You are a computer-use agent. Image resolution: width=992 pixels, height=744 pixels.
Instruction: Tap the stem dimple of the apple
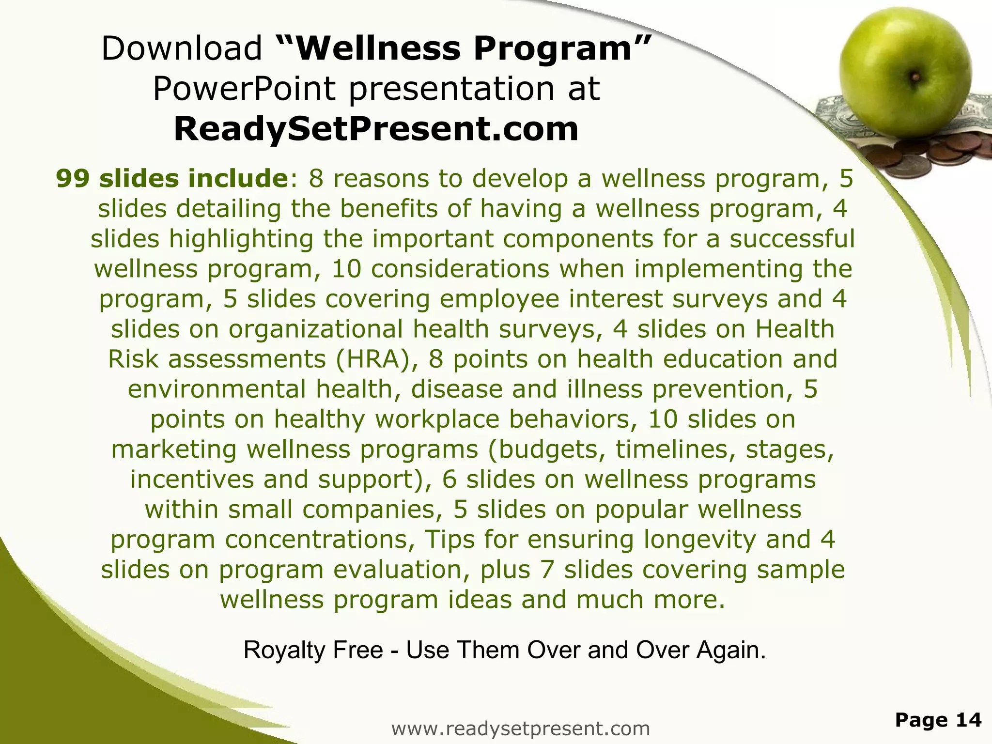click(914, 76)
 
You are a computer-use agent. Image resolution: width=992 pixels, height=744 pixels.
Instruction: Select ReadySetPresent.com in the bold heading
click(376, 129)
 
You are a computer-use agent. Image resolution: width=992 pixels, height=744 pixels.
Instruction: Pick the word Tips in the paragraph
click(449, 540)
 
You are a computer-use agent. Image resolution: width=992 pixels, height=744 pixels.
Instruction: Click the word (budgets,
click(547, 449)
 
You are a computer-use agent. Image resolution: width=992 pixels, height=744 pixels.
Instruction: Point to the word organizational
click(315, 329)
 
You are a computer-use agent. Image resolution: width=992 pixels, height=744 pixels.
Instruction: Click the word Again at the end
click(730, 650)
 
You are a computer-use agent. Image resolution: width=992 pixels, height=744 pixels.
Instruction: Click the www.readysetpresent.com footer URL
click(520, 728)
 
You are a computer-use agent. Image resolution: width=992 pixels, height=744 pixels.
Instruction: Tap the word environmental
click(217, 389)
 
